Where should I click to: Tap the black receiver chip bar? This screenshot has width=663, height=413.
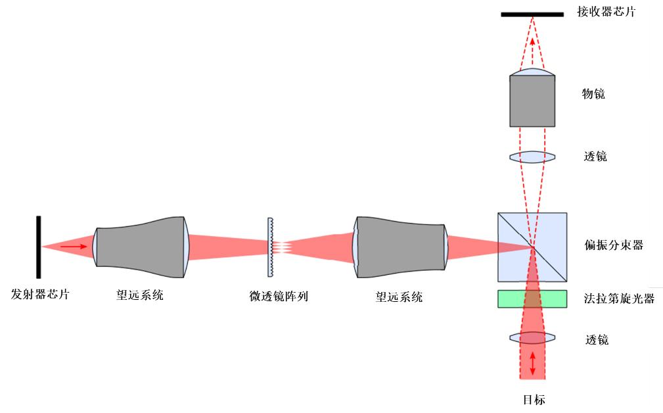(532, 14)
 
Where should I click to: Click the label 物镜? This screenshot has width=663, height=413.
(593, 94)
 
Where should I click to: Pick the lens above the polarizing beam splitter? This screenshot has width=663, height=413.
(532, 157)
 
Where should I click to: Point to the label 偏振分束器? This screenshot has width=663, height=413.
(613, 245)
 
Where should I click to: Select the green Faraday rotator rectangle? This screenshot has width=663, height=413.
(532, 299)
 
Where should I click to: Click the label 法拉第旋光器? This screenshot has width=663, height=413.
(619, 298)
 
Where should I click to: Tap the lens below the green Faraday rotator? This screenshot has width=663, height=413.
(532, 338)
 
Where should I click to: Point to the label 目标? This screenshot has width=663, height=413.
(533, 399)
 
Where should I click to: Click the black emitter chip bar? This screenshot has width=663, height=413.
(39, 247)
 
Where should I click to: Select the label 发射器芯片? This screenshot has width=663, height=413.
(40, 295)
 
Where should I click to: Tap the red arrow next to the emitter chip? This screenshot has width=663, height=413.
(73, 247)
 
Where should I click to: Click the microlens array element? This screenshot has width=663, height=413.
(269, 247)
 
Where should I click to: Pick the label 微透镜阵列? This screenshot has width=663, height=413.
(279, 297)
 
